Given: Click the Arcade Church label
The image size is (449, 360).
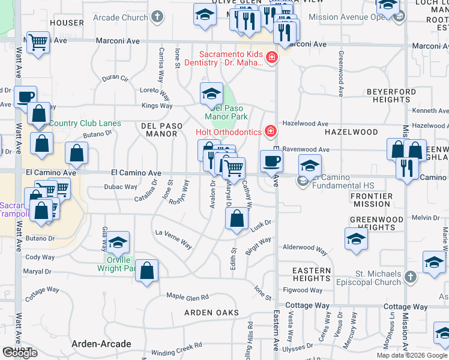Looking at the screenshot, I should point(122,17).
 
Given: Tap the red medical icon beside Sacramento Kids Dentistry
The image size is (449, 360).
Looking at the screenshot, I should point(272,58).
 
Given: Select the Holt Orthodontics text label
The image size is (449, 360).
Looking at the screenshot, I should point(229,131).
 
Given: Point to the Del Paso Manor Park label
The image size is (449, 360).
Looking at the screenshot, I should point(226,112).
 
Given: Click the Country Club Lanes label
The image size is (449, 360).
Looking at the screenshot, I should point(85,124).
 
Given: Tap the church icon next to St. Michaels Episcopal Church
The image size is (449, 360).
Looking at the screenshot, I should point(411,277).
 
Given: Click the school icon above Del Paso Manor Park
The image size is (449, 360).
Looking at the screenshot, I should point(211,94).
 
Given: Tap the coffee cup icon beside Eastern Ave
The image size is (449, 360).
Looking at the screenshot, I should point(271,160).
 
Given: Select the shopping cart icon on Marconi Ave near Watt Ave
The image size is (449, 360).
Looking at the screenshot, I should point(38,42).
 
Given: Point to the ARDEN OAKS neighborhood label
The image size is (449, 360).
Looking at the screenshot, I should point(211,313).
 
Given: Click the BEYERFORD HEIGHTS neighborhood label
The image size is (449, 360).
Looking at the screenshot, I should point(390,95).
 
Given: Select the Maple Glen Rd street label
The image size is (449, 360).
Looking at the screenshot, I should point(187,296).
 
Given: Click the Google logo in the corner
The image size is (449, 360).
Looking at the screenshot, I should point(20,353).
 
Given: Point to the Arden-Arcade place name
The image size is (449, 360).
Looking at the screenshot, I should point(101,344).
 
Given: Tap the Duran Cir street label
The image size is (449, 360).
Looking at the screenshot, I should point(115,78).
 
